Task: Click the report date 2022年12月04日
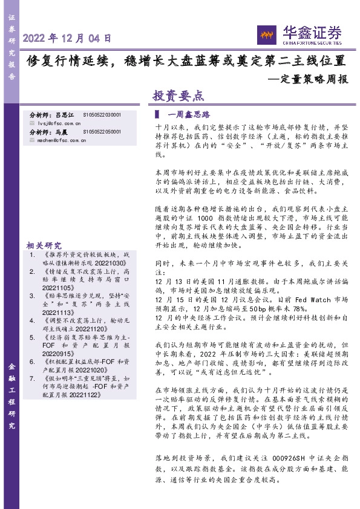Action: point(67,38)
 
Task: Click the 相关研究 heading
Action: point(44,246)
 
